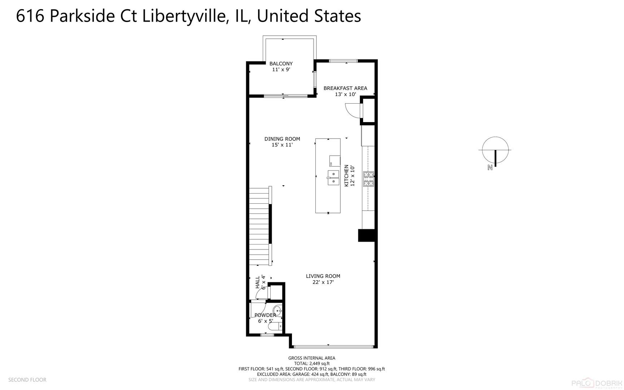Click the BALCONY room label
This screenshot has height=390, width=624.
coord(281,64)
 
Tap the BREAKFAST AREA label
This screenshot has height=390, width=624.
coord(345,88)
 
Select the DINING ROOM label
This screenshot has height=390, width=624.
coord(282,139)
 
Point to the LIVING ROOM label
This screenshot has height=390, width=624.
coord(323,276)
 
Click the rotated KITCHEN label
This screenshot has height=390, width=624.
coord(346,175)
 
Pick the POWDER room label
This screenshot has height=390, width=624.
coord(265,315)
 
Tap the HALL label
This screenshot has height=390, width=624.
coord(258,282)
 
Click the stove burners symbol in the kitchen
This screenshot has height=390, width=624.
coord(368,179)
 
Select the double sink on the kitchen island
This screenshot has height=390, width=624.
coord(333,177)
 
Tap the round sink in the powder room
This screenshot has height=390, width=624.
coord(278,310)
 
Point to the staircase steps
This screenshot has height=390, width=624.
coord(259,226)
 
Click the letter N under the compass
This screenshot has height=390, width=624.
coord(490,167)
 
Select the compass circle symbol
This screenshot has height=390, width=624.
coord(495,149)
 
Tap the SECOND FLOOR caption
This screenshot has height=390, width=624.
coord(27,380)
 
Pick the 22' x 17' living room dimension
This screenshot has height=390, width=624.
coord(323,282)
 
